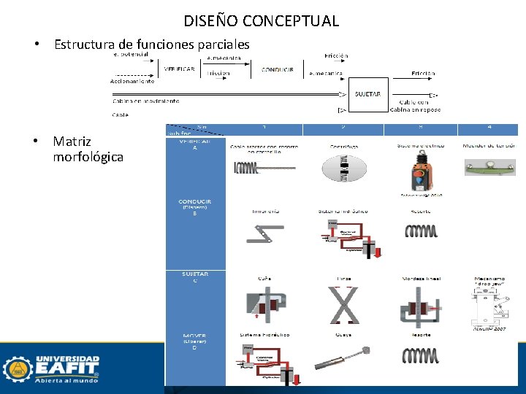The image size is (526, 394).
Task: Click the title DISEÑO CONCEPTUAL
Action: [x=262, y=20]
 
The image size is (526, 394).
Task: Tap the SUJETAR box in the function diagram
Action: [x=367, y=94]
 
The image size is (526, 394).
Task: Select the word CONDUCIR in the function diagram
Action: [x=278, y=70]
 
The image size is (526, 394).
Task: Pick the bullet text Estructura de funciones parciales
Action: [x=152, y=45]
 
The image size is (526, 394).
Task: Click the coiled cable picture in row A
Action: [x=263, y=168]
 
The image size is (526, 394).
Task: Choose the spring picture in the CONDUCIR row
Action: [x=421, y=231]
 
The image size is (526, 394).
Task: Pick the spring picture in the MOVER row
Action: [x=421, y=355]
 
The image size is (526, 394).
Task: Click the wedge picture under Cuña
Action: [x=264, y=304]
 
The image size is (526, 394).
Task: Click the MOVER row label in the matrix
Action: [x=194, y=341]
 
